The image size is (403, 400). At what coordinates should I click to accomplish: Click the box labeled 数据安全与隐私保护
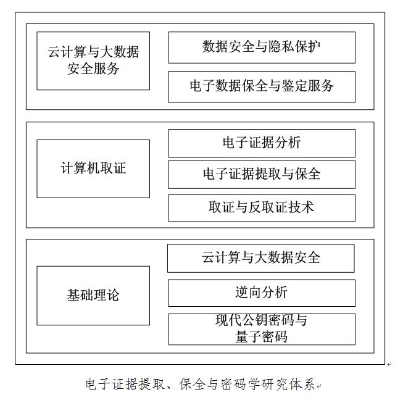coord(262,48)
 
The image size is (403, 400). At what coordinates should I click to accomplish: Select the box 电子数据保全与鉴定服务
coord(262,87)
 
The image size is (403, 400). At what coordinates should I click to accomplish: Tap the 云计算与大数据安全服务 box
coord(93,61)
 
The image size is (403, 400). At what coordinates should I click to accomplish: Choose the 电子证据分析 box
coord(262,143)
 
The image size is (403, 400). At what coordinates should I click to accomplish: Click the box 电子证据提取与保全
coord(262,175)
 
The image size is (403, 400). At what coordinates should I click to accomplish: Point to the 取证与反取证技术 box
coord(262,208)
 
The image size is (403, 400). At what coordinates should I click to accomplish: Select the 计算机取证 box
coord(93,169)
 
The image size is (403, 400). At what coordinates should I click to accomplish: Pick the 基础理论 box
coord(93,296)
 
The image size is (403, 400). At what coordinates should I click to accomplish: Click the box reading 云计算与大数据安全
coord(261,258)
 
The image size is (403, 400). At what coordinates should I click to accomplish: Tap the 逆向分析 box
coord(262,293)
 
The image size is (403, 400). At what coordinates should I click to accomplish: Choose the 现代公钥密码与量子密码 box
coord(262,329)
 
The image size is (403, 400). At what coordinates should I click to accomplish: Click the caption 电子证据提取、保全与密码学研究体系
coord(200,385)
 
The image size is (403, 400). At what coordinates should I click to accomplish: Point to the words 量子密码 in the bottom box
coord(262,336)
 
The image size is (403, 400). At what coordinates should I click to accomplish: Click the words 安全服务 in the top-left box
coord(93,69)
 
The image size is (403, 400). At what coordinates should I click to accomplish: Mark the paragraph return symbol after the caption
coord(318,386)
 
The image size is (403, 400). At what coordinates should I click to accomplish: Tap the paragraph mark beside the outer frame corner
coord(389,364)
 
